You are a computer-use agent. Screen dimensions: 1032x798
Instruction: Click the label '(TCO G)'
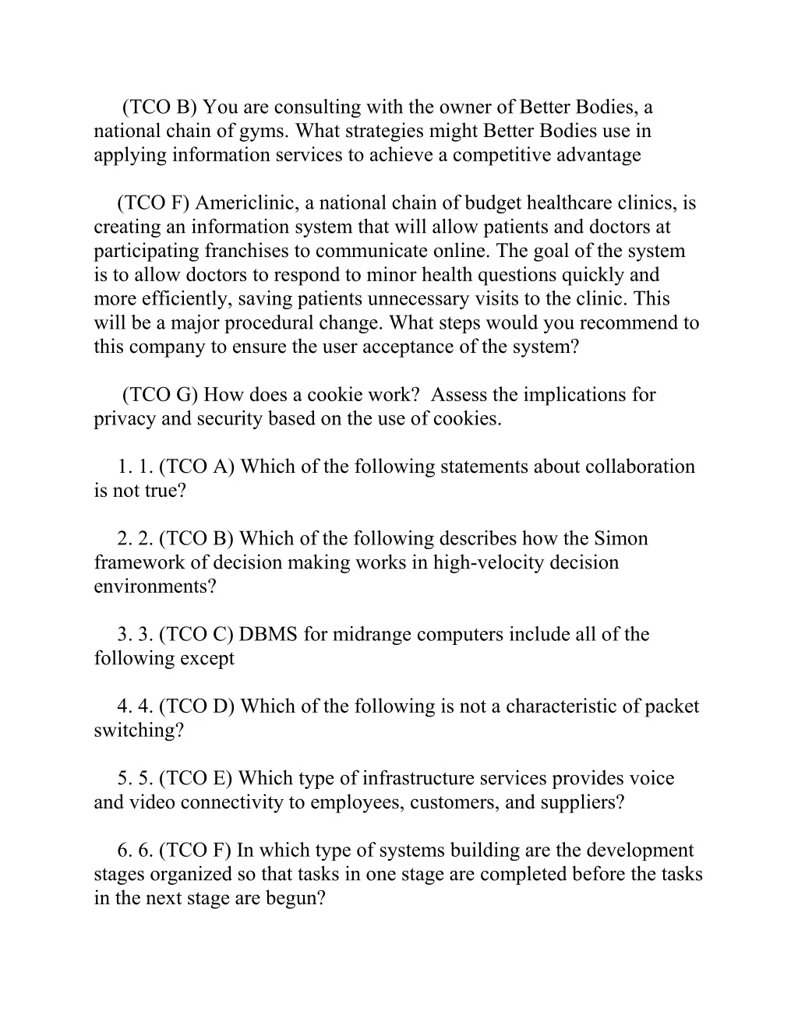click(160, 395)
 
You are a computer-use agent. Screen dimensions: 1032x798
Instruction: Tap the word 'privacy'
click(122, 419)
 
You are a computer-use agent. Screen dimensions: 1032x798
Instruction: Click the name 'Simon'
click(620, 539)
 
